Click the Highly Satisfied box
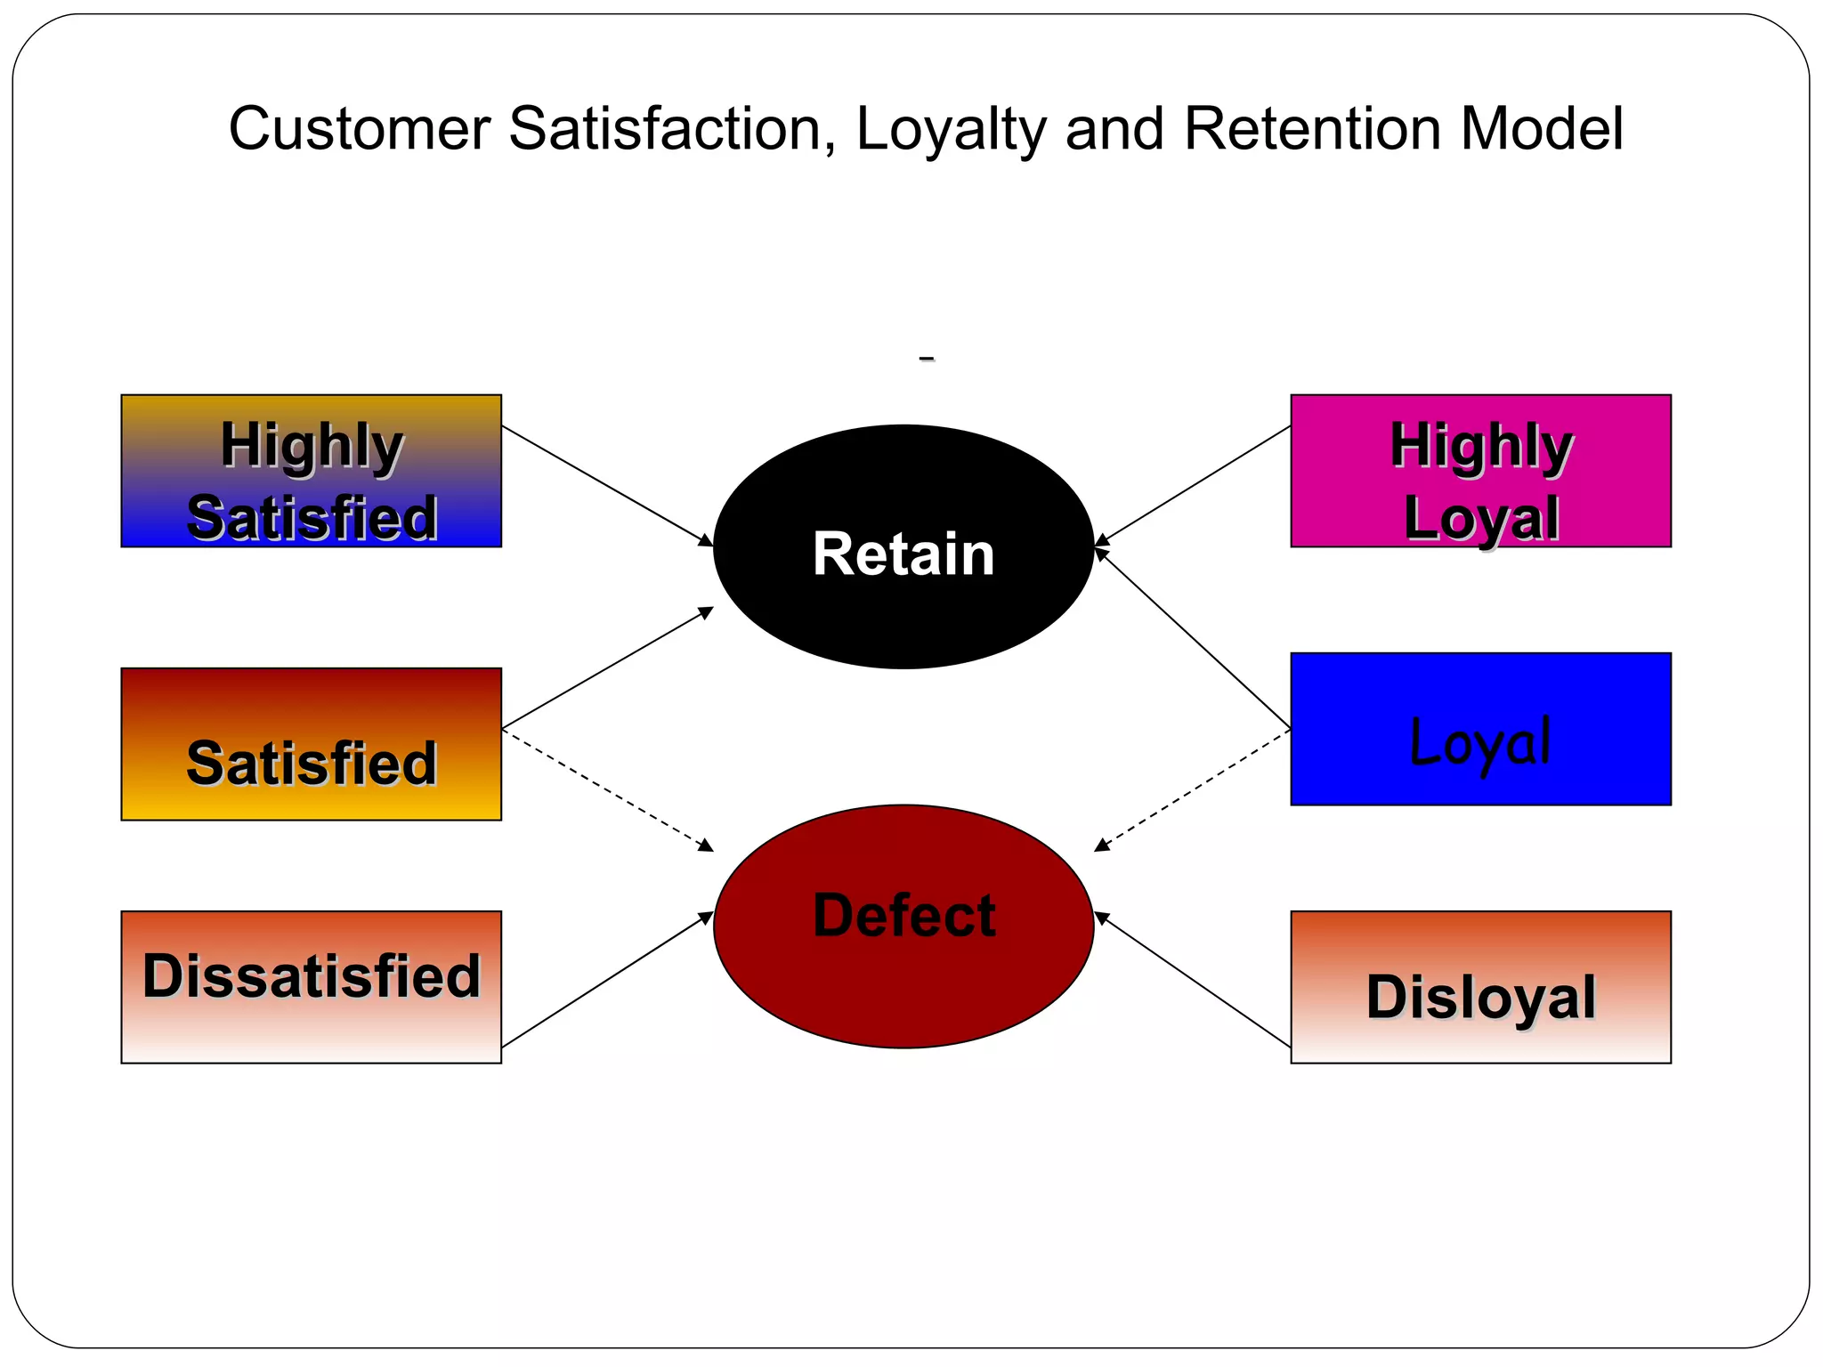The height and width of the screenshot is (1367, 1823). tap(311, 471)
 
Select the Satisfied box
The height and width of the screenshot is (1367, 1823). tap(311, 744)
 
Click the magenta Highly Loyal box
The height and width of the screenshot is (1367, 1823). tap(1480, 471)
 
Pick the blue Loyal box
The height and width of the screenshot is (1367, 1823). tap(1480, 729)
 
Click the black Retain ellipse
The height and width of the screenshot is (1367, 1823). tap(903, 546)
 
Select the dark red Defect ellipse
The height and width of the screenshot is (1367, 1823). tap(903, 926)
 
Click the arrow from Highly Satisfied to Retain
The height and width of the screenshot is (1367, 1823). tap(607, 486)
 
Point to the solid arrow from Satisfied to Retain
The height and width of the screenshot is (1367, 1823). tap(607, 668)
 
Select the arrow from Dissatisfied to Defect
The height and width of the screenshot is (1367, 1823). tap(607, 980)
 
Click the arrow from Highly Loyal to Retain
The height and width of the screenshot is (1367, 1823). tap(1193, 486)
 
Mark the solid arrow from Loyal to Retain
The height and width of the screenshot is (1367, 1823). tap(1193, 639)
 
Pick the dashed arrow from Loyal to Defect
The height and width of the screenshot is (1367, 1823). tap(1193, 790)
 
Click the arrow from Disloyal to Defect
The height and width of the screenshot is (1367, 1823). tap(1193, 980)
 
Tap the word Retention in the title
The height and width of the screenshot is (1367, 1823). tap(1312, 129)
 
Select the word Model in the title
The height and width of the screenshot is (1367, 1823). tap(1542, 129)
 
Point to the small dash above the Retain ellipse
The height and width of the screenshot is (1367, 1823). tap(927, 359)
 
